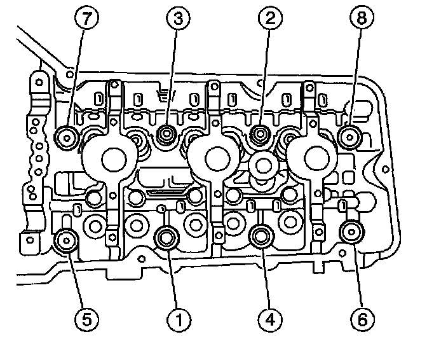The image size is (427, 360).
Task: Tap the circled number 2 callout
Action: (x=270, y=18)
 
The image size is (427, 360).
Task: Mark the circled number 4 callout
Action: (x=269, y=317)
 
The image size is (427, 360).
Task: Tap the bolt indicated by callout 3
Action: (x=167, y=134)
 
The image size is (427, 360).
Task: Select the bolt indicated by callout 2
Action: (x=259, y=134)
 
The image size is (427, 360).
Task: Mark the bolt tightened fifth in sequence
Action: (x=66, y=240)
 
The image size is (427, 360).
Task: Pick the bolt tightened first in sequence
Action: (x=167, y=237)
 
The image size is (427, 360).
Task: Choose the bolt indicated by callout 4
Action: (x=261, y=237)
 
